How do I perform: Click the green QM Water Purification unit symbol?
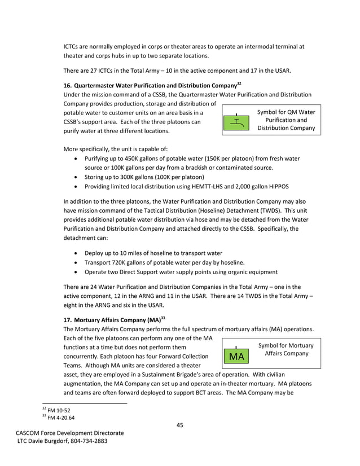(237, 122)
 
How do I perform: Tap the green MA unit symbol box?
(237, 356)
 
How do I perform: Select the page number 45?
(180, 425)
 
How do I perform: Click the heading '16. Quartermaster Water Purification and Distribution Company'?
(152, 85)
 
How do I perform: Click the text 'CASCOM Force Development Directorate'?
(69, 433)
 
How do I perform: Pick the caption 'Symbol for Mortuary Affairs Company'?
(286, 349)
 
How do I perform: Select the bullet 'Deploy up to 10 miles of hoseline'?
(153, 253)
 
